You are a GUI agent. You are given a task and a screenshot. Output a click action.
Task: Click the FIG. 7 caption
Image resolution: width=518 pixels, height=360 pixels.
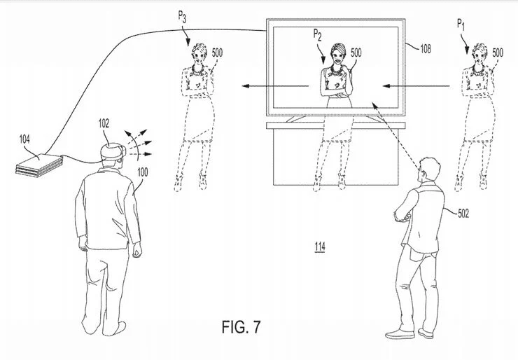pos(241,326)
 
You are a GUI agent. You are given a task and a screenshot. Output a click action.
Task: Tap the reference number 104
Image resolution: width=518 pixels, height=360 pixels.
pos(24,139)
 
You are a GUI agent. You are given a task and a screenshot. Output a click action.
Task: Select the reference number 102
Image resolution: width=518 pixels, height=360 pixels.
pos(104,124)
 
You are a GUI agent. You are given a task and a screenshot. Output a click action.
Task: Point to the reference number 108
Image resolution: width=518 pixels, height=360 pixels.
pos(426,49)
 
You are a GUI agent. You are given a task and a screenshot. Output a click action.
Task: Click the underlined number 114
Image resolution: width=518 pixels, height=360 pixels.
pos(320,247)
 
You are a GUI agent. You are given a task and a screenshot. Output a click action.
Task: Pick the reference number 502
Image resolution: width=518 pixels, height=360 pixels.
pos(463,214)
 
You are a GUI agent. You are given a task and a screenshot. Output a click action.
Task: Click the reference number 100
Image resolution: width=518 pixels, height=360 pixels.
pos(142,172)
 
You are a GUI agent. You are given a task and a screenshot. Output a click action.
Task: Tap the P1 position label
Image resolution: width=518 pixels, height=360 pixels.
pos(461,25)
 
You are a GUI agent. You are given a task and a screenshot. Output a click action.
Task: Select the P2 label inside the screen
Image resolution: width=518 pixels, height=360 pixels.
pos(317,35)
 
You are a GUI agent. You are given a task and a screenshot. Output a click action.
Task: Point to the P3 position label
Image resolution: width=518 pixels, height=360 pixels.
pos(182,18)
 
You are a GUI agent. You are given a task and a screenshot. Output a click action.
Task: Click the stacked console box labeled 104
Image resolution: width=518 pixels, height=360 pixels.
pos(39,165)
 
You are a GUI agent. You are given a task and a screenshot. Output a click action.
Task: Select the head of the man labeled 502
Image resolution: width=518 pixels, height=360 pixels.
pos(428,169)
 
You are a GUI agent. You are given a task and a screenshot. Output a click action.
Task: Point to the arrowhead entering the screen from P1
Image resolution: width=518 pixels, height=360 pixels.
pos(387,86)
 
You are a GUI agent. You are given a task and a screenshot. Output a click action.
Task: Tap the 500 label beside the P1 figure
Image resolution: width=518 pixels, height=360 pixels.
pos(498,53)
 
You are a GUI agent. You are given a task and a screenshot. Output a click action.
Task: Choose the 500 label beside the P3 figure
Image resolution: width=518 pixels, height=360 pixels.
pos(217,53)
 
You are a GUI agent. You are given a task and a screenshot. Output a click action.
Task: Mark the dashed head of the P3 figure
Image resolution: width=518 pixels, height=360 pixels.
pos(199,53)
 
